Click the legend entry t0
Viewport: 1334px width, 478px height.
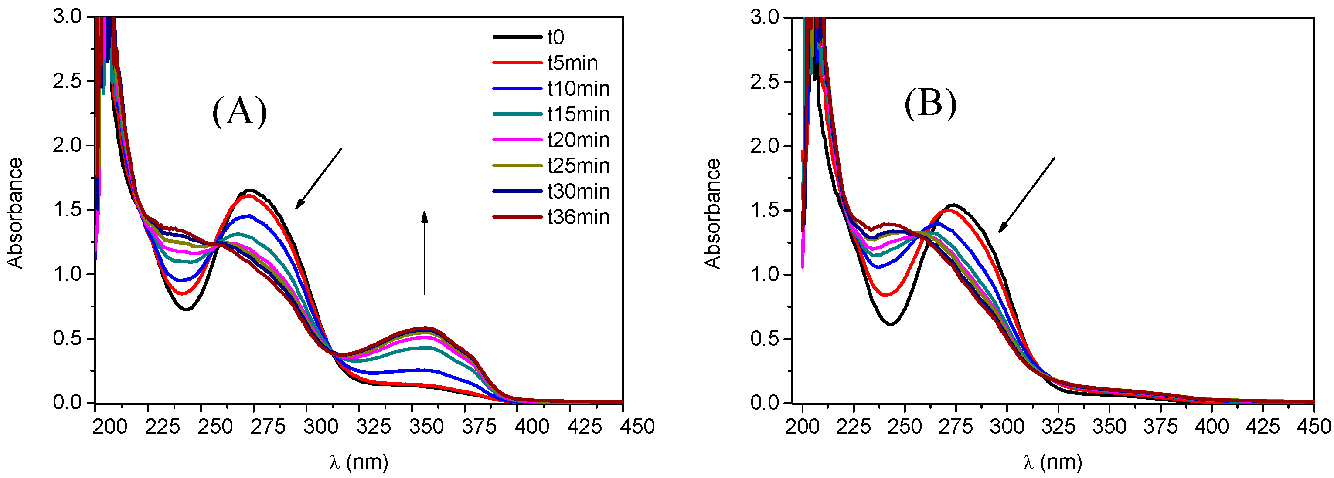tap(555, 37)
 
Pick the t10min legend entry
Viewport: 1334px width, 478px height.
tap(578, 89)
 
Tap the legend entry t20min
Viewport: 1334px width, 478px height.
tap(578, 140)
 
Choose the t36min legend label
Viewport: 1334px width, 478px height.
tap(578, 217)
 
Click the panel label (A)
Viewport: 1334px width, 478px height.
tap(239, 111)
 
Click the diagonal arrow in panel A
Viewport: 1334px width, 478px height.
tap(319, 178)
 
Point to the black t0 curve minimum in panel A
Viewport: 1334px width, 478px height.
tap(187, 310)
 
